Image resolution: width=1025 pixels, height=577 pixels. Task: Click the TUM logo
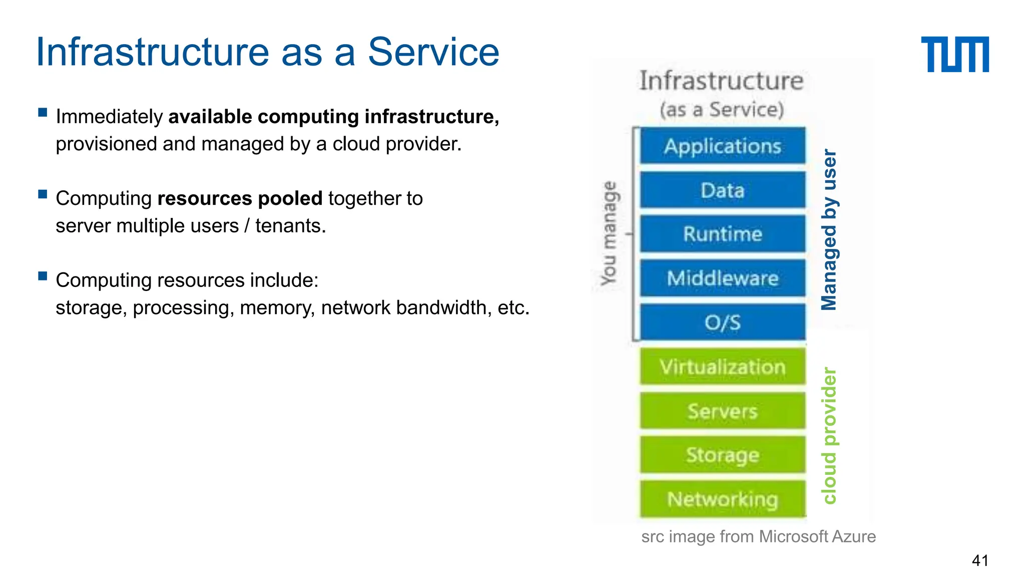(x=954, y=54)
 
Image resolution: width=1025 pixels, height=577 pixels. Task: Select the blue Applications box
(x=723, y=146)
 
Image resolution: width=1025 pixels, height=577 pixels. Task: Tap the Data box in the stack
(x=723, y=190)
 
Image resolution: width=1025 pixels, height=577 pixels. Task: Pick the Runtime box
(x=723, y=234)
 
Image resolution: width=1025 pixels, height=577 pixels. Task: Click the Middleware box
(x=723, y=278)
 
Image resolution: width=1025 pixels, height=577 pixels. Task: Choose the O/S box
(x=723, y=322)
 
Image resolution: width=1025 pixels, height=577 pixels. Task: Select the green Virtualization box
(x=723, y=367)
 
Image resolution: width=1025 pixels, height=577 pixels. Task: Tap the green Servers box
(x=723, y=411)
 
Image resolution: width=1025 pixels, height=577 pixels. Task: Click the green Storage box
(x=723, y=455)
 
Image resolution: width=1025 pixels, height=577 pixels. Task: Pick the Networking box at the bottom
(x=723, y=499)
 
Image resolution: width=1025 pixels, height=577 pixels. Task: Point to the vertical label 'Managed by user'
(x=829, y=229)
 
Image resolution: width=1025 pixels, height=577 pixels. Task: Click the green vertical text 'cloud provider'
(x=829, y=435)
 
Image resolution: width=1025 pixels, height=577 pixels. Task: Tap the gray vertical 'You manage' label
(x=609, y=233)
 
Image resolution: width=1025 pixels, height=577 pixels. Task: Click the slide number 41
(x=979, y=560)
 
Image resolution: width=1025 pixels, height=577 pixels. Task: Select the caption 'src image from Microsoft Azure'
(x=758, y=536)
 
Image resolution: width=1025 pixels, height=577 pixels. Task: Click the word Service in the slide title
(x=433, y=52)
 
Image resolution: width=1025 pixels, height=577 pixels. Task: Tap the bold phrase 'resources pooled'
(x=240, y=198)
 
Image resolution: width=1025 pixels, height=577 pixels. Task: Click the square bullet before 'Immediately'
(x=43, y=112)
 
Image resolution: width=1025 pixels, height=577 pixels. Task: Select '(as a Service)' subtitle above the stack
(x=721, y=109)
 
